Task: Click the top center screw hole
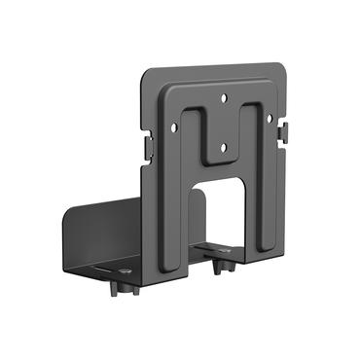[224, 97]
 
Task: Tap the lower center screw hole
[223, 148]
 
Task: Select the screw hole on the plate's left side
[175, 126]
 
